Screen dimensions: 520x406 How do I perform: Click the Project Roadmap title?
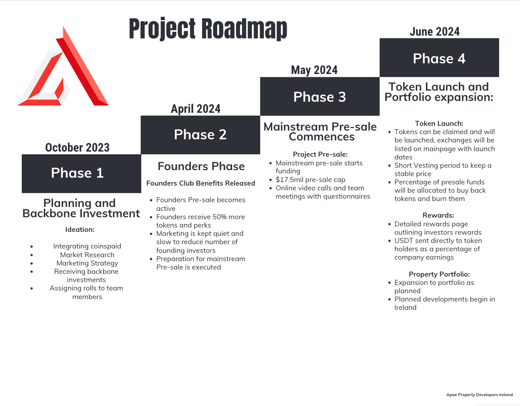pos(208,28)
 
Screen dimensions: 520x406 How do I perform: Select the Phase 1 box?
pos(81,174)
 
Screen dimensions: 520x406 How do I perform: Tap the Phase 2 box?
pos(200,135)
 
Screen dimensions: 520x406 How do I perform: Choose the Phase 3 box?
pos(320,97)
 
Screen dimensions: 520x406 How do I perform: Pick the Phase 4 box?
pos(439,58)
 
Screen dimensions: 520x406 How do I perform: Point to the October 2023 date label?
pos(77,148)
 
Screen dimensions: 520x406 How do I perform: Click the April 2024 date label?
pos(195,109)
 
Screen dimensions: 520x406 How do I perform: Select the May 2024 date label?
pos(314,70)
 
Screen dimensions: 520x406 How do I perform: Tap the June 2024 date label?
pos(435,32)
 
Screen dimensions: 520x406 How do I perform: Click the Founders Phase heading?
pos(201,166)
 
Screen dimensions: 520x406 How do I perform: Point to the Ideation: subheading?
pos(80,230)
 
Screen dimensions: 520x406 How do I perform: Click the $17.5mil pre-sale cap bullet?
pos(310,180)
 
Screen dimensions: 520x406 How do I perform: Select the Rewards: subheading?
pos(438,215)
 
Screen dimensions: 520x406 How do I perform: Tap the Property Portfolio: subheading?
pos(439,274)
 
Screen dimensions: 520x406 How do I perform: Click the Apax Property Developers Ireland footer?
pos(479,395)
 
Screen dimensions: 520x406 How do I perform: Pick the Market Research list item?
pos(87,255)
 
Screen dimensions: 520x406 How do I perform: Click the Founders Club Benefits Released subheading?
pos(200,183)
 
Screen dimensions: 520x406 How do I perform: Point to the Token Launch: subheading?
pos(439,123)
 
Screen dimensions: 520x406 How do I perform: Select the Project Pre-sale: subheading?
pos(320,154)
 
